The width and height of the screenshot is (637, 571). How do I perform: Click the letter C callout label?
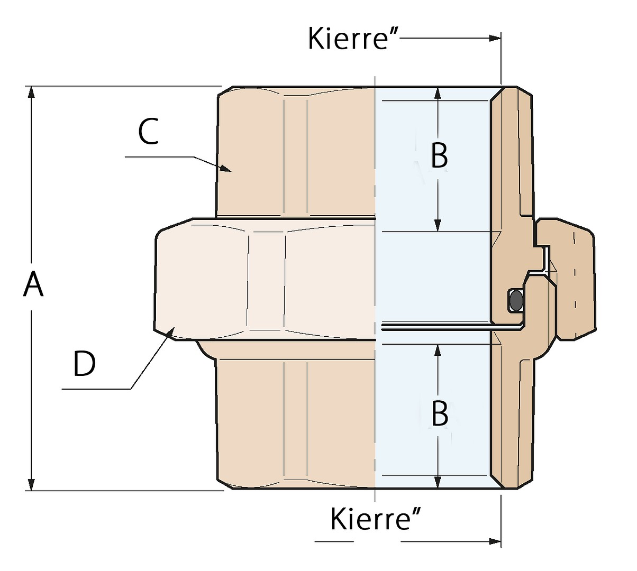pyautogui.click(x=148, y=132)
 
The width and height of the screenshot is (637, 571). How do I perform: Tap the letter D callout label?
pyautogui.click(x=84, y=364)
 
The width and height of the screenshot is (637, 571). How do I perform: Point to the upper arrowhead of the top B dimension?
pyautogui.click(x=438, y=94)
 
